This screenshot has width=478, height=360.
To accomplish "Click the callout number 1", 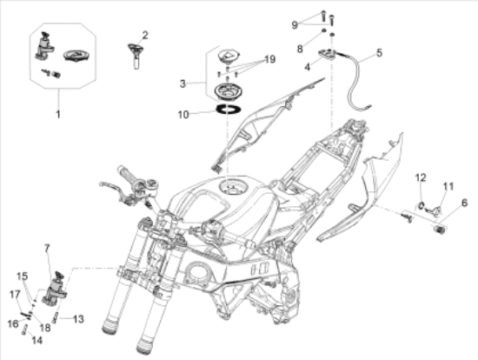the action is point(58,115).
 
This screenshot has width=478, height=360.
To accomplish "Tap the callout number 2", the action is point(145,35).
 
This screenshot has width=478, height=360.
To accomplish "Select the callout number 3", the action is point(183,83).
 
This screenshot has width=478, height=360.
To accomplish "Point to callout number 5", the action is point(379,52).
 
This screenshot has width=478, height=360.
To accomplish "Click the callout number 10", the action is point(183,115).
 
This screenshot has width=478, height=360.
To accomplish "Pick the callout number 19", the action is point(269,59).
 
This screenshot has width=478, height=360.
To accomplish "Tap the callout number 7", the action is point(47,249).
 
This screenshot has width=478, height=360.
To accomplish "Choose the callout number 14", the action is point(37,340).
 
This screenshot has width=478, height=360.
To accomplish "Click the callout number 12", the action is point(421,177).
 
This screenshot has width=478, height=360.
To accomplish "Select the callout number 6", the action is point(464,203).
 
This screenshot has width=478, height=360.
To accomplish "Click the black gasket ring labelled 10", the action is point(229,109).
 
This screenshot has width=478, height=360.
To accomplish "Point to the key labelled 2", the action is point(136,56).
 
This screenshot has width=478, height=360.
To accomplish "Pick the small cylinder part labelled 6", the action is point(439,229).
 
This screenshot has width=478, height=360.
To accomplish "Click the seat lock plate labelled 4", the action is point(327,55).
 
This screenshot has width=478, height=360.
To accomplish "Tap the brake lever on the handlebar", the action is point(112,187).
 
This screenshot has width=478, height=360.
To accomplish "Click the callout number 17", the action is point(15,295).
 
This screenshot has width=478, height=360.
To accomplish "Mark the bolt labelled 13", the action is point(55,318).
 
